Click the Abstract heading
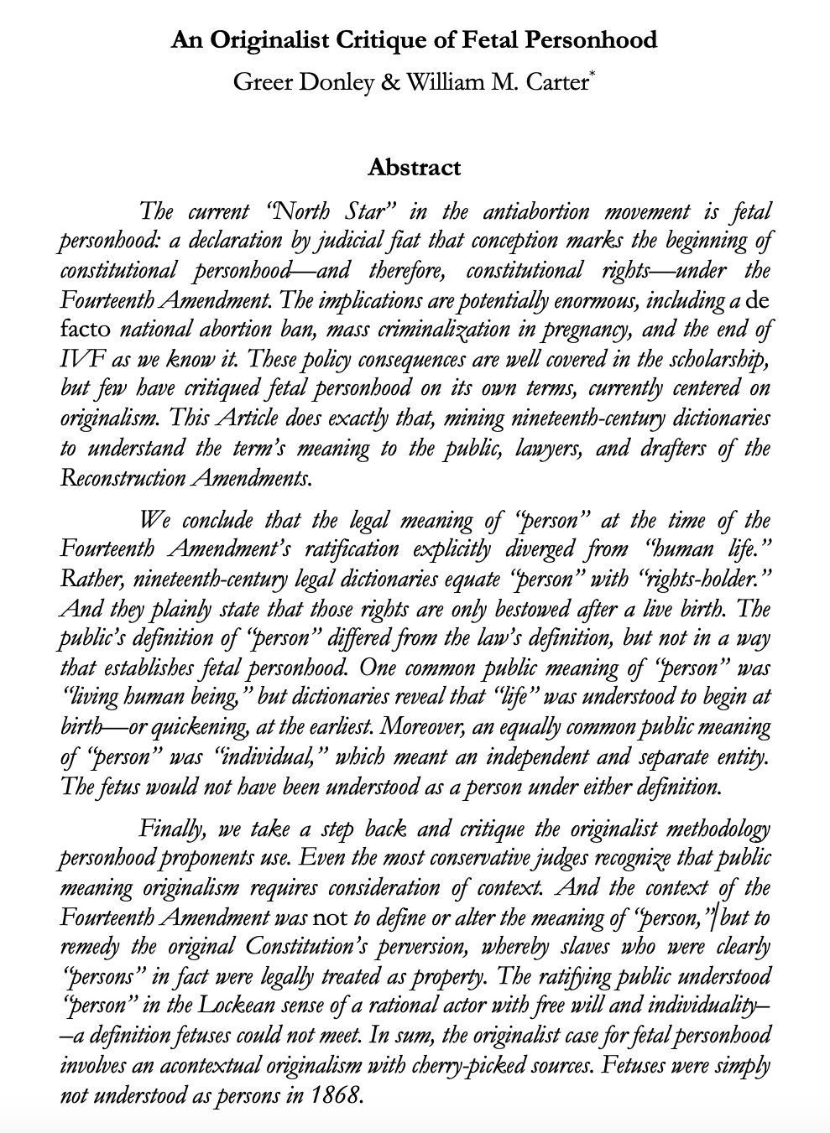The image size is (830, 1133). tap(415, 167)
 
